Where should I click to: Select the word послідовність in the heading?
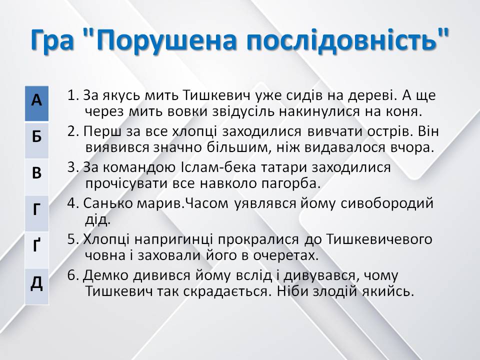pyautogui.click(x=339, y=40)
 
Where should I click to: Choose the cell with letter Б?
pyautogui.click(x=36, y=137)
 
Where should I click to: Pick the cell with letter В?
pyautogui.click(x=36, y=173)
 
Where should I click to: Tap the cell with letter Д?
pyautogui.click(x=36, y=283)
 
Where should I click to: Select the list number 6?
pyautogui.click(x=71, y=276)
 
